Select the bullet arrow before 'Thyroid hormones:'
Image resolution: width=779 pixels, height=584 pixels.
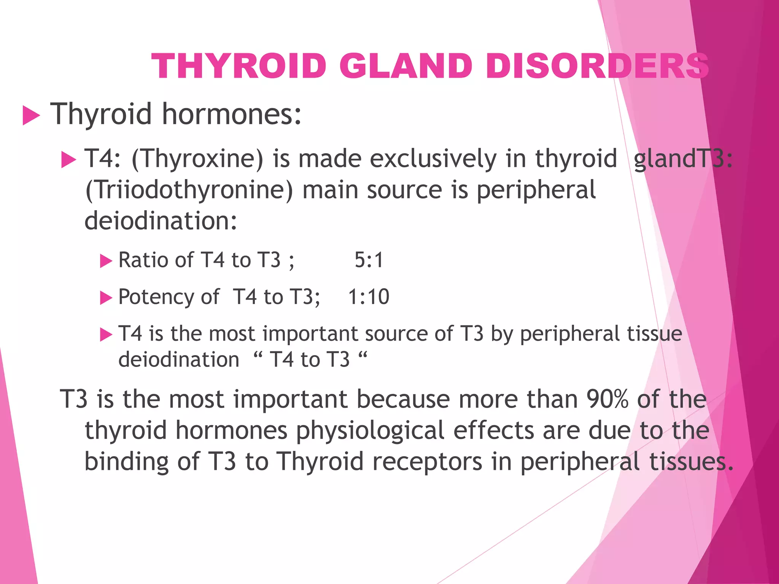[31, 115]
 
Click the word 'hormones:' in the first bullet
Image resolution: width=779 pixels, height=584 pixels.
[232, 114]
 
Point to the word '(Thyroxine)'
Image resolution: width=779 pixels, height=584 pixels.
[197, 159]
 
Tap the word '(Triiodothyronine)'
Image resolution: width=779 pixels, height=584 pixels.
[189, 190]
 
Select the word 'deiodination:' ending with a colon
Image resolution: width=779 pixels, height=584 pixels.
[161, 221]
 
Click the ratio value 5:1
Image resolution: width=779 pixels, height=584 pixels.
[369, 260]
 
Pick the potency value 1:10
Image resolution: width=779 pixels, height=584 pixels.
[369, 297]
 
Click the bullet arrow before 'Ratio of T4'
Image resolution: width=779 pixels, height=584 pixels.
[106, 261]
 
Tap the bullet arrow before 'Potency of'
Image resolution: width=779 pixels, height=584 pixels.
[106, 298]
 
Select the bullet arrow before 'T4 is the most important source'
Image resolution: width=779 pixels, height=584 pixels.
[106, 335]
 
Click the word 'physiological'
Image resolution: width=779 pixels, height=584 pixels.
[370, 431]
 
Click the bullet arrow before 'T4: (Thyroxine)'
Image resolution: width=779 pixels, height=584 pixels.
[69, 160]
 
